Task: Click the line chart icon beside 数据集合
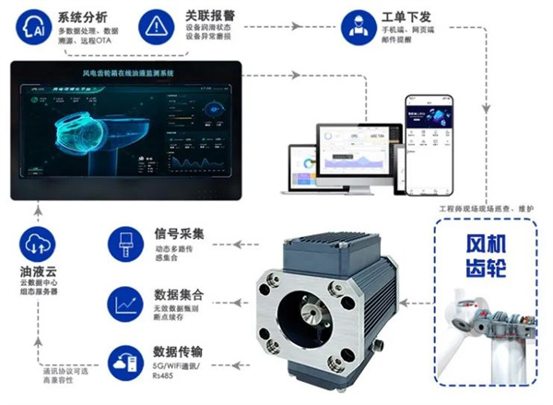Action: pos(124,302)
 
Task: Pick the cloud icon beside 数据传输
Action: pos(124,362)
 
